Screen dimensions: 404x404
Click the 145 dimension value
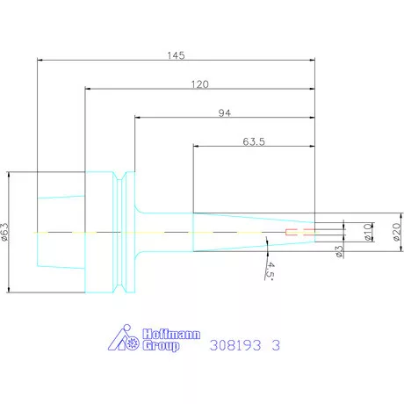[x=176, y=55]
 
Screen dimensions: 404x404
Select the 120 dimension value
[x=200, y=84]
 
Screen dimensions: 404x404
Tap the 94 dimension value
[x=225, y=113]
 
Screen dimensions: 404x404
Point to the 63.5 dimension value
[x=254, y=141]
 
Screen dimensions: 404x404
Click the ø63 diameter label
[x=5, y=232]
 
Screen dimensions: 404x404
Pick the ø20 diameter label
[x=397, y=232]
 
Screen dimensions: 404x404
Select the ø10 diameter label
[x=368, y=232]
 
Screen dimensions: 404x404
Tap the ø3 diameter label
[x=339, y=251]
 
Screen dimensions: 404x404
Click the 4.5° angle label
[x=270, y=271]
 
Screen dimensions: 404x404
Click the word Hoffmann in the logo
[x=171, y=334]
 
